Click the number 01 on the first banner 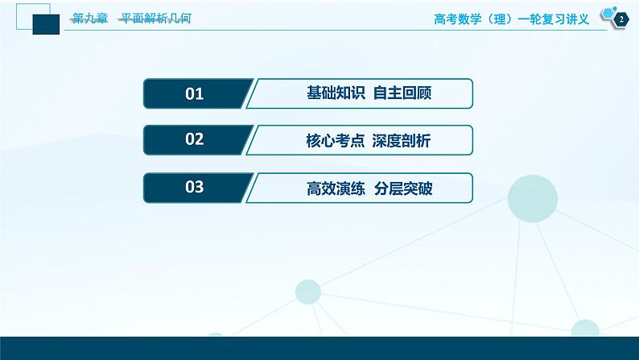[x=195, y=93]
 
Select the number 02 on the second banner [x=195, y=140]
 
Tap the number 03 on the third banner [x=195, y=188]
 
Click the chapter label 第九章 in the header [x=89, y=19]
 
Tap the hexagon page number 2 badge [x=620, y=19]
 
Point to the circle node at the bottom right [x=585, y=331]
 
